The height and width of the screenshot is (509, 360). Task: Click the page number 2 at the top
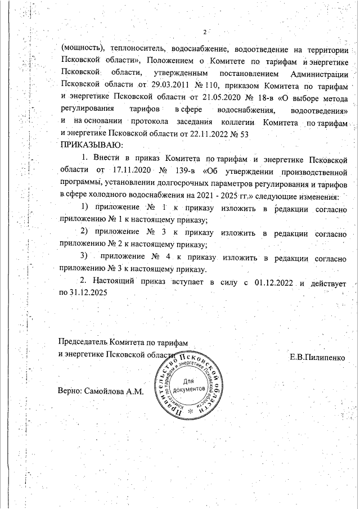point(204,31)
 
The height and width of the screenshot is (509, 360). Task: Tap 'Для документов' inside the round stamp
point(184,385)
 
